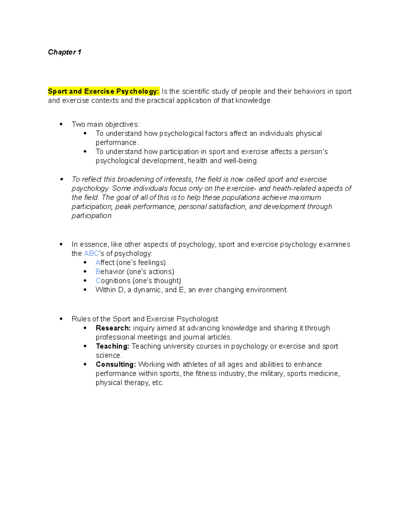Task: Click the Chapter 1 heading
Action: coord(64,52)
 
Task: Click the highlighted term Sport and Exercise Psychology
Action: coord(103,91)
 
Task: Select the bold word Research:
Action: coord(113,328)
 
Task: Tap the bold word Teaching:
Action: coord(112,346)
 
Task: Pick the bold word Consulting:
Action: coord(116,365)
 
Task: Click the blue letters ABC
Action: coord(91,254)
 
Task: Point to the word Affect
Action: coord(105,263)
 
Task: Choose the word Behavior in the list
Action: coord(110,272)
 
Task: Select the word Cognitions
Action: coord(113,281)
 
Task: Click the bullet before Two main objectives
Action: coord(61,124)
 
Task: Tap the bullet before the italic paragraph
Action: coord(61,179)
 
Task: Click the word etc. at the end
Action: coord(158,383)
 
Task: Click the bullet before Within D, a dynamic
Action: coord(85,290)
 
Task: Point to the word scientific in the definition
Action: coord(195,91)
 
